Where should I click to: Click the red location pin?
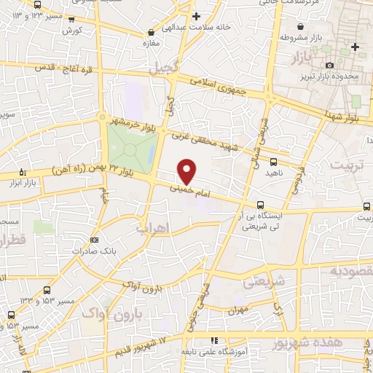click(x=187, y=171)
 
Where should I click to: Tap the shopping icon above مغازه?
click(x=151, y=32)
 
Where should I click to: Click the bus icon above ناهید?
click(x=273, y=162)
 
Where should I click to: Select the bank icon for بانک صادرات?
click(x=94, y=239)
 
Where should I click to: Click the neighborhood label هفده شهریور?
click(x=339, y=343)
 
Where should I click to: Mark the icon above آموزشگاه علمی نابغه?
click(x=213, y=340)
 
